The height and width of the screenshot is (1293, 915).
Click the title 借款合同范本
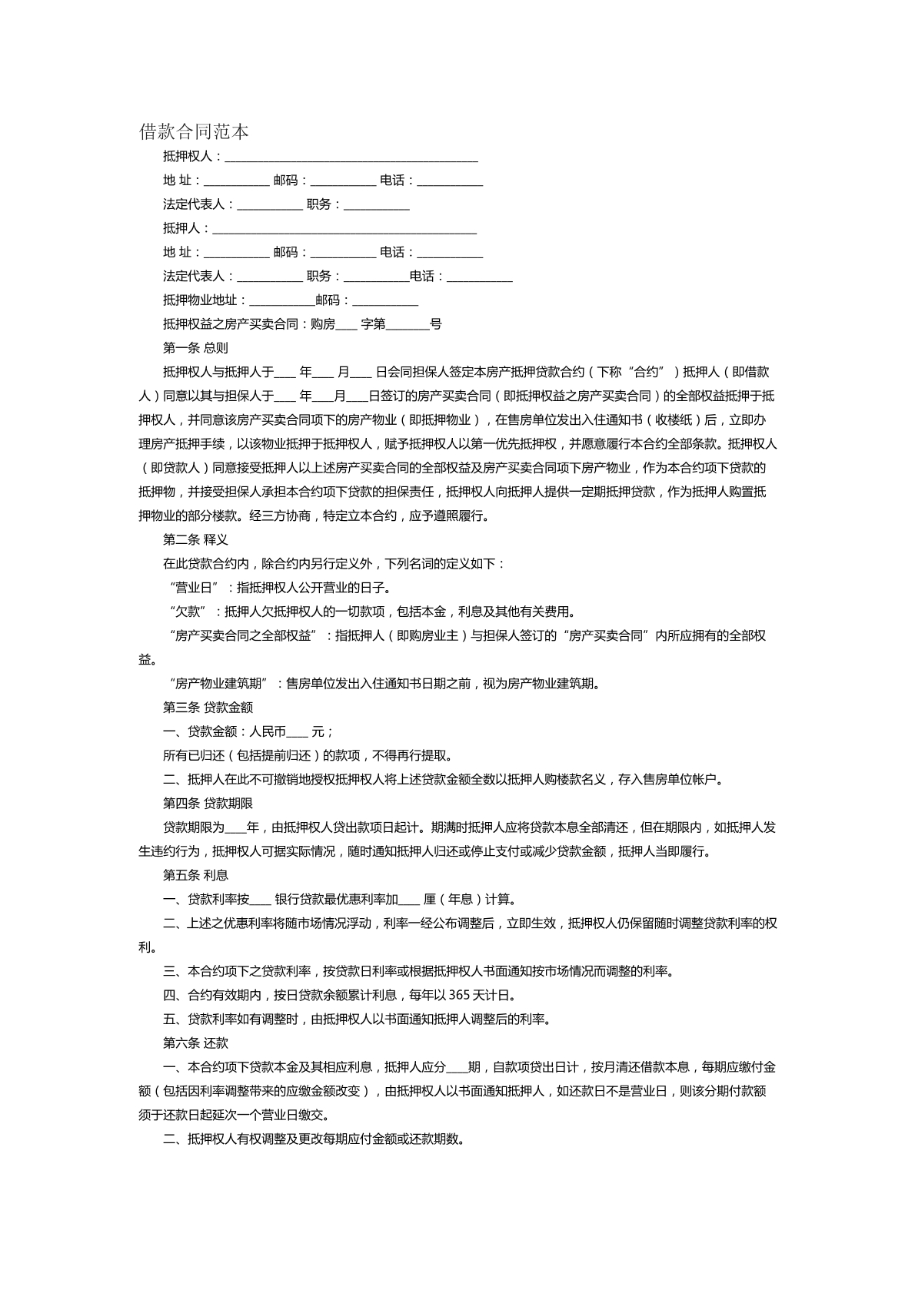[194, 131]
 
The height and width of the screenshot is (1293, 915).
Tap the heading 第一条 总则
[195, 348]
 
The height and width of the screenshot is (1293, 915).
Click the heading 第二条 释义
[195, 540]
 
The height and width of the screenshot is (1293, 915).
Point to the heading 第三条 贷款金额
[208, 708]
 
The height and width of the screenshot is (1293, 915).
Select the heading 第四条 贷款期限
[208, 804]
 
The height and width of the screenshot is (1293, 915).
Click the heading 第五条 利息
[195, 875]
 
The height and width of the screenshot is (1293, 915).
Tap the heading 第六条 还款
[195, 1043]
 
